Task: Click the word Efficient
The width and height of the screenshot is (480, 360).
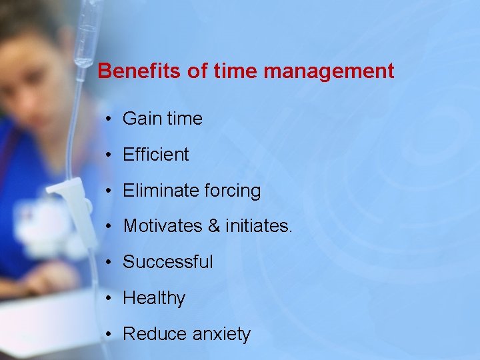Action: coord(156,155)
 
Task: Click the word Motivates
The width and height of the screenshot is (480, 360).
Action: coord(163,227)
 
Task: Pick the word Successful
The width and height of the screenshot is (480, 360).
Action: coord(168,262)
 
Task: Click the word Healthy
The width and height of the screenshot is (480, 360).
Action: coord(154,298)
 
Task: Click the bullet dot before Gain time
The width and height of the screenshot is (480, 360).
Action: coord(109,119)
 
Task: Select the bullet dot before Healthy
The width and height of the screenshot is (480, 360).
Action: coord(109,298)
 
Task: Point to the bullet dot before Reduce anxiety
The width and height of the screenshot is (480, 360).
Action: coord(109,334)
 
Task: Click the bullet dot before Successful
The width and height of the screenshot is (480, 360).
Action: coord(109,263)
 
